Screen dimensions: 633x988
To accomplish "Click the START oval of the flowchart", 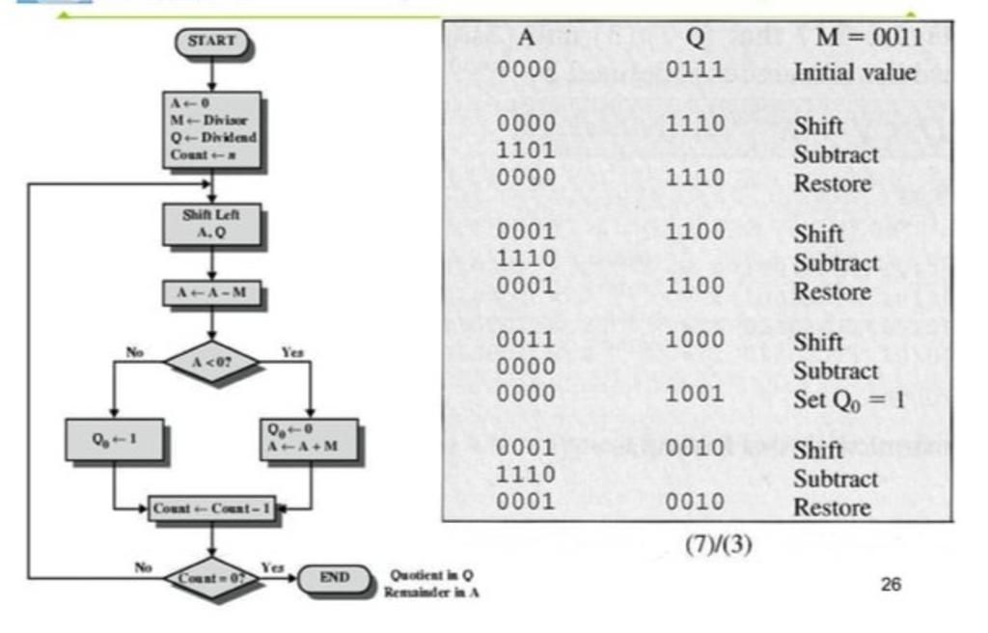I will click(211, 41).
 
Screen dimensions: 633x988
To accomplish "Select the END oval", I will click(334, 578).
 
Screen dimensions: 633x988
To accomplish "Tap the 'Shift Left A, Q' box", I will click(211, 224).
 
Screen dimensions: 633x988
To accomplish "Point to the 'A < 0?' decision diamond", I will click(211, 363).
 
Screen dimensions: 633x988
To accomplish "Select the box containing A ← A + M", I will click(309, 439).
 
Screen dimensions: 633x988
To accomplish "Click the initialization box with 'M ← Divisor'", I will click(211, 129).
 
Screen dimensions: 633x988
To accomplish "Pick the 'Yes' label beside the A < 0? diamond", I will click(292, 353).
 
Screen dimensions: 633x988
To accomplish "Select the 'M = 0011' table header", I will click(867, 38).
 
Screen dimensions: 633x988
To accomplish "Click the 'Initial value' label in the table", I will click(854, 72).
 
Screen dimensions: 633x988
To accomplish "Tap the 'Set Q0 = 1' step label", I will click(849, 399).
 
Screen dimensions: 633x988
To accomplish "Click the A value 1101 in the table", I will click(526, 151).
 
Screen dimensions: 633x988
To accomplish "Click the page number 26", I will click(891, 584).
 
